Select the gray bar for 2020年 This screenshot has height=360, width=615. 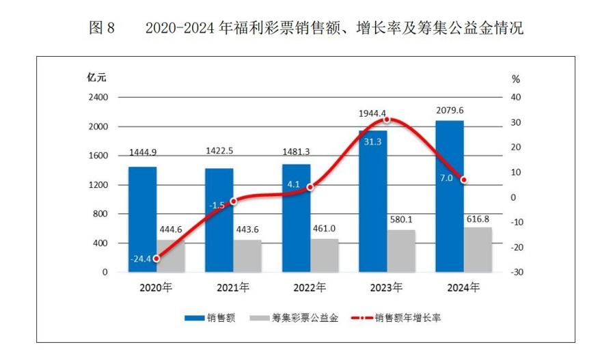(x=171, y=255)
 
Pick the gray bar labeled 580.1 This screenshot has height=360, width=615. (x=401, y=251)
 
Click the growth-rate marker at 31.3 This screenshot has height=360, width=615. (x=387, y=120)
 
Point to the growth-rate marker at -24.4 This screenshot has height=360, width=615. (x=156, y=258)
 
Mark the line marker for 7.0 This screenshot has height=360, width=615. (x=464, y=180)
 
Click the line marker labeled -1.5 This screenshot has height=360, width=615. (x=234, y=201)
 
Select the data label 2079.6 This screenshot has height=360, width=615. (x=449, y=111)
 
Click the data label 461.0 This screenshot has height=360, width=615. (x=325, y=229)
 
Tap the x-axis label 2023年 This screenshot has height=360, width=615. (x=387, y=287)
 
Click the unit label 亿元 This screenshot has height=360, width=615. (x=96, y=75)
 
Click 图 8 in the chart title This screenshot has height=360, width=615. (x=103, y=29)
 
